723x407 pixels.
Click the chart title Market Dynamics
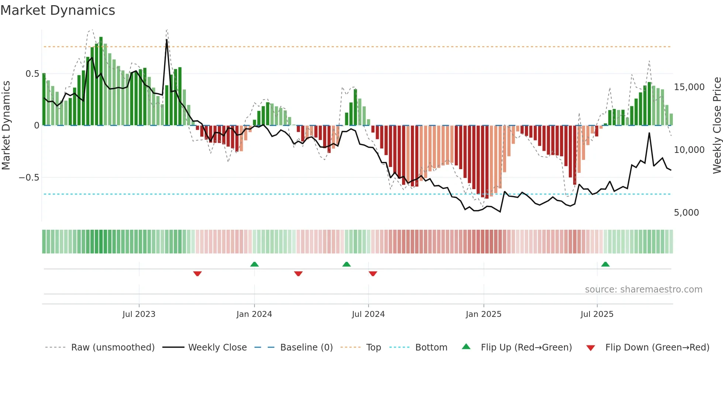(58, 10)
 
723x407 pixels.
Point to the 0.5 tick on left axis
(32, 74)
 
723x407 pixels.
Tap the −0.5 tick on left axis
(29, 178)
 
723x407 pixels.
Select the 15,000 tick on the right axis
(689, 87)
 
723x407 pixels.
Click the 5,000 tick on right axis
(686, 213)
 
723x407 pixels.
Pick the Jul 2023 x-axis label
(139, 314)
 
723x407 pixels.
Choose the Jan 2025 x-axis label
(483, 314)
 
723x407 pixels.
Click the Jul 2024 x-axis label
(368, 314)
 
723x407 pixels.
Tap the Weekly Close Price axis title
(717, 125)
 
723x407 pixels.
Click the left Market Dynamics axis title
(6, 125)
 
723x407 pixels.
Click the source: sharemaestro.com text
(643, 290)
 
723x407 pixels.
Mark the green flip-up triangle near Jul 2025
(605, 264)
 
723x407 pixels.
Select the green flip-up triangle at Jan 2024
(254, 264)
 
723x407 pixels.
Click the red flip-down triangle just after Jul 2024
(373, 274)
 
